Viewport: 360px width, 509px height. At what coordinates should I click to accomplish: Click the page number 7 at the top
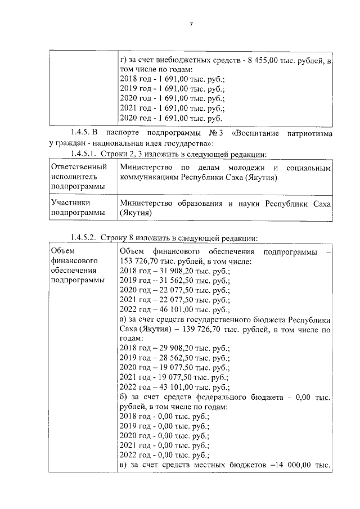(x=191, y=24)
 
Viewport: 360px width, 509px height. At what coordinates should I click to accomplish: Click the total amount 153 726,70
(x=144, y=261)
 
